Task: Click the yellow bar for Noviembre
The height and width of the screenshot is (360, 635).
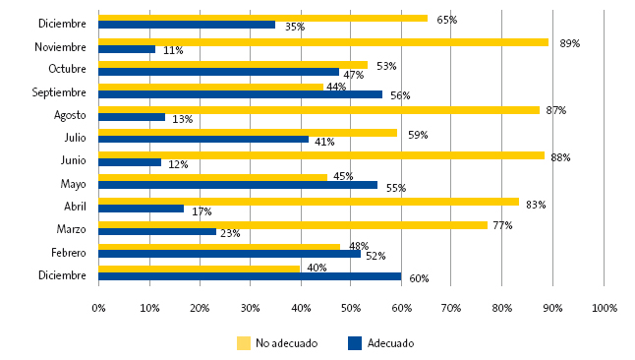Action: pos(323,41)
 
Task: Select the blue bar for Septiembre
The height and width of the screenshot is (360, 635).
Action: pos(240,95)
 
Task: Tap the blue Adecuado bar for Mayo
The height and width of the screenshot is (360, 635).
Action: pos(238,185)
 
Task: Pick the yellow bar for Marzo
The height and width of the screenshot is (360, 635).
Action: pos(293,225)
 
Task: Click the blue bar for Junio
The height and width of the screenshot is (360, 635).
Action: pos(130,162)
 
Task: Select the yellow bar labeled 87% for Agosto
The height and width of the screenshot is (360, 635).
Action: pos(318,109)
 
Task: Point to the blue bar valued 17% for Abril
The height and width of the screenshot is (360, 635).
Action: pos(141,209)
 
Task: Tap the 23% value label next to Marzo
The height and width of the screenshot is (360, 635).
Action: pos(229,233)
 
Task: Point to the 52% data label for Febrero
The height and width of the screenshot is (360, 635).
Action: pos(375,256)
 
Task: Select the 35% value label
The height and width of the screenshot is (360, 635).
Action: pos(294,27)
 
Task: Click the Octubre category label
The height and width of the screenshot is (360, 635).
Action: pos(68,69)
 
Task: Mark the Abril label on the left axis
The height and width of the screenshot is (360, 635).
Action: pos(74,206)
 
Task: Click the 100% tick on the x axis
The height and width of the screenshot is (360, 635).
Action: pos(604,308)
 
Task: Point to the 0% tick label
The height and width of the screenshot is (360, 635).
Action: pos(98,308)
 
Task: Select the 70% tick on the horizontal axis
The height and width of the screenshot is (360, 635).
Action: pos(451,308)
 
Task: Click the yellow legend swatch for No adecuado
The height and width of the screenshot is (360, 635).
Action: pos(244,343)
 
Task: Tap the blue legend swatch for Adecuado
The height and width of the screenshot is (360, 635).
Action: pos(355,343)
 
